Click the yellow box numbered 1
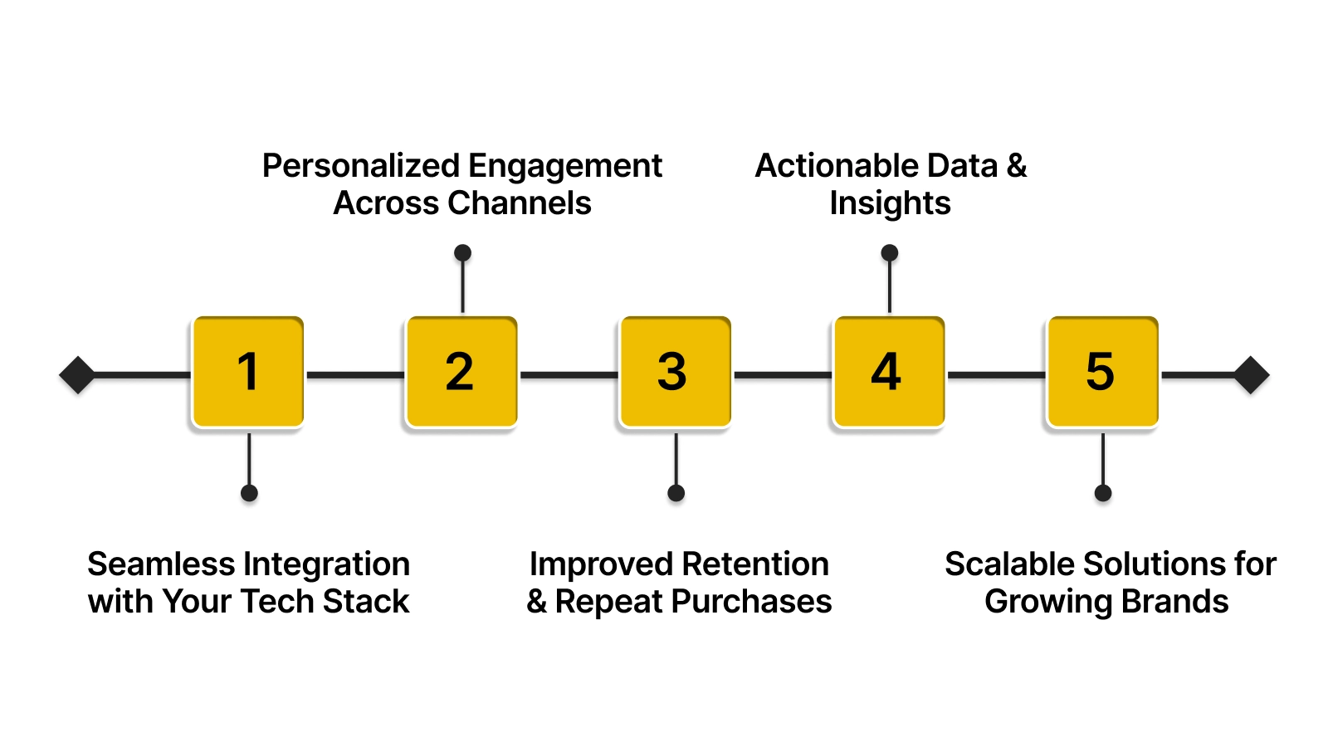click(x=248, y=372)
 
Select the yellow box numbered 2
click(x=461, y=372)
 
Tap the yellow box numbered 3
click(x=675, y=372)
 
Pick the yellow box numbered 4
click(x=888, y=372)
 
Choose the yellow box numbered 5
click(x=1102, y=372)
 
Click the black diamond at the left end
click(x=77, y=375)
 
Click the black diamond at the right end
click(x=1251, y=375)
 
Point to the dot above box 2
click(x=463, y=252)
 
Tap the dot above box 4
click(x=890, y=252)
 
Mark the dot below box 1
click(x=249, y=493)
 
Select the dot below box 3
click(x=676, y=493)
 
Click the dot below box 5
click(x=1103, y=493)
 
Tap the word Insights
click(x=890, y=203)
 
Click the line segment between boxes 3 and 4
click(x=782, y=375)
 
